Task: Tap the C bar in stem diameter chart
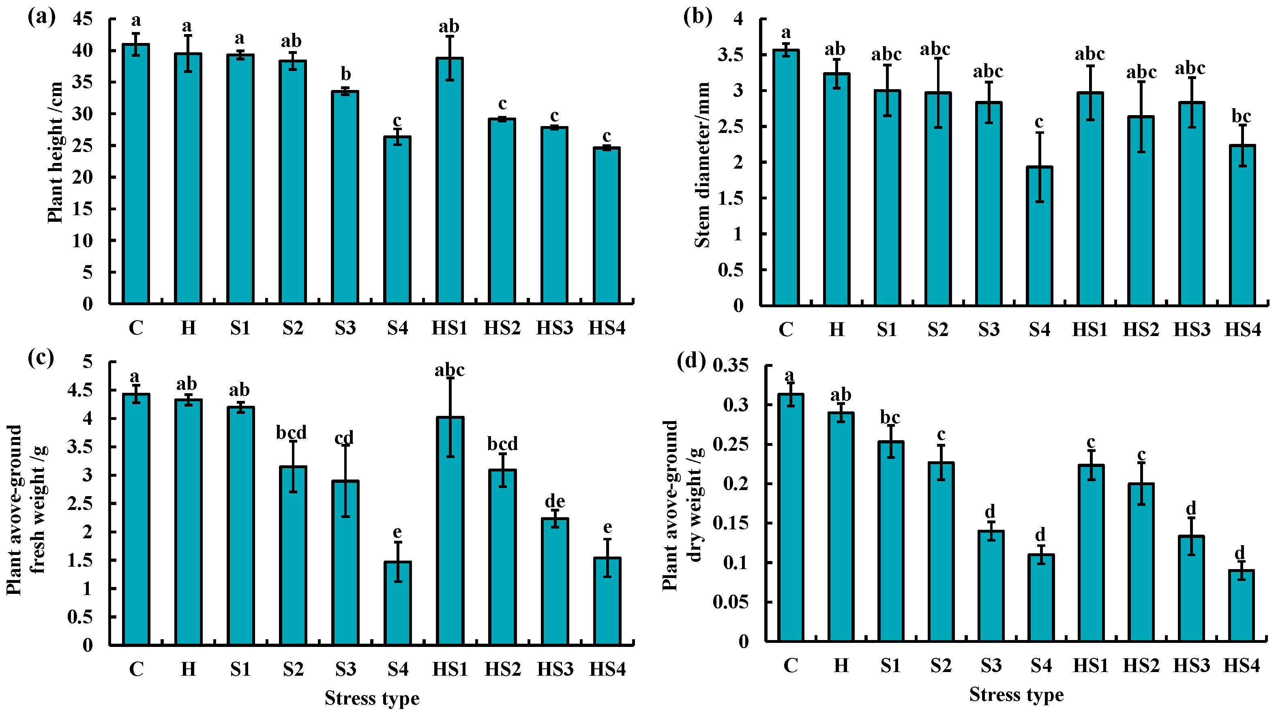click(786, 178)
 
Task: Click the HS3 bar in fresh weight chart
click(555, 582)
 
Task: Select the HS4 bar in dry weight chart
click(1241, 606)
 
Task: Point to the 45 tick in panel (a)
click(83, 19)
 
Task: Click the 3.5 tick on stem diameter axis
click(730, 55)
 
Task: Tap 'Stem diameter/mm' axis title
click(702, 165)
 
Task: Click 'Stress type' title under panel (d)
click(1016, 695)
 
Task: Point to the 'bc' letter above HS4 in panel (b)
click(1241, 116)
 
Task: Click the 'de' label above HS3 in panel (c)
click(555, 501)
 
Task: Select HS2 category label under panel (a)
click(502, 328)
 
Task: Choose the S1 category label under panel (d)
click(890, 666)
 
